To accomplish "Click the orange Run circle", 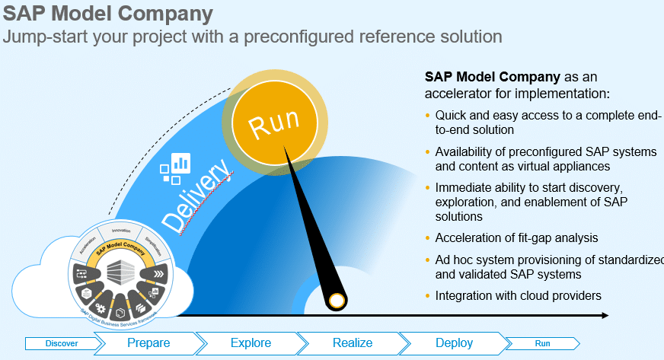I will pyautogui.click(x=273, y=125).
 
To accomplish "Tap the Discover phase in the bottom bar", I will pyautogui.click(x=61, y=343).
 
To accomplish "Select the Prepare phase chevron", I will pyautogui.click(x=148, y=343).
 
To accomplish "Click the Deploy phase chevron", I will pyautogui.click(x=454, y=343).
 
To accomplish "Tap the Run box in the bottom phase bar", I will pyautogui.click(x=542, y=343).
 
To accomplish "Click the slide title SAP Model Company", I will pyautogui.click(x=107, y=14).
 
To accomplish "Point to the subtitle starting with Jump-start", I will pyautogui.click(x=252, y=37).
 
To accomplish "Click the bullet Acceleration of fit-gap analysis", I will pyautogui.click(x=516, y=238).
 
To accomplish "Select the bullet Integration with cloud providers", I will pyautogui.click(x=519, y=295).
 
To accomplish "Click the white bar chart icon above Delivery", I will pyautogui.click(x=181, y=162).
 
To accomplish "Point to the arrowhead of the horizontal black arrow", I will pyautogui.click(x=605, y=315).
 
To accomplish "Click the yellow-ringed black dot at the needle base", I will pyautogui.click(x=335, y=302).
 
